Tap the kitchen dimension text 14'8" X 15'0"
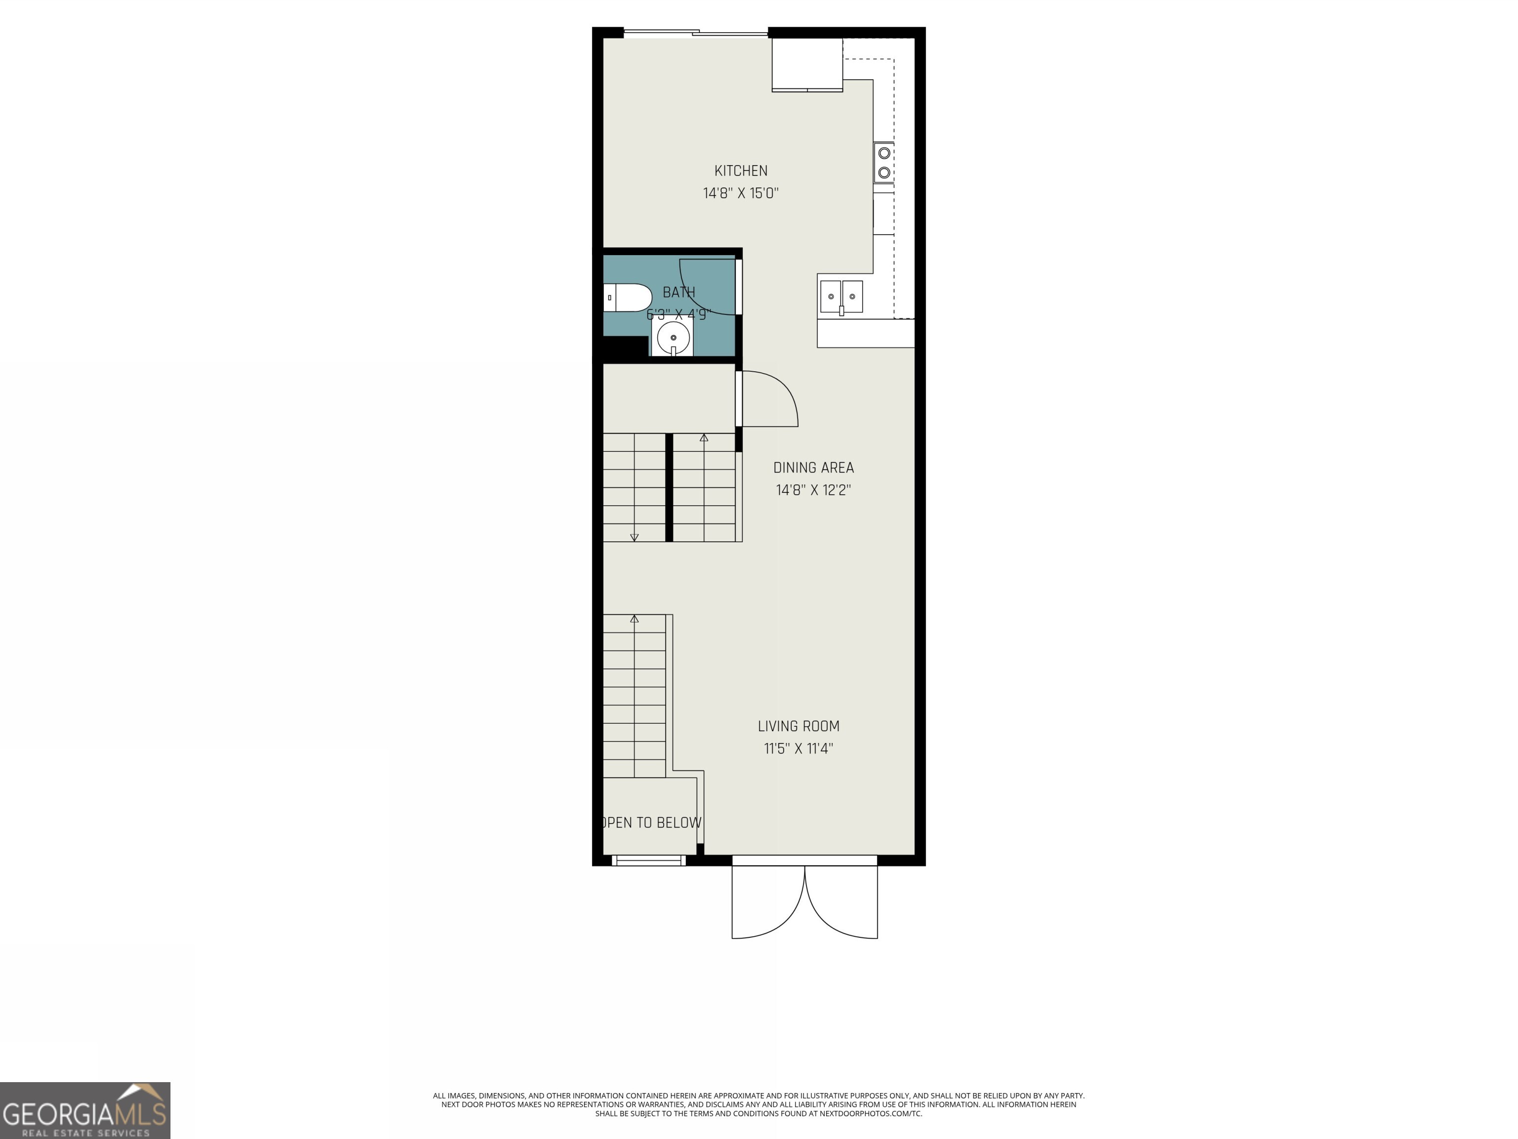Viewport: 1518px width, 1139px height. [741, 193]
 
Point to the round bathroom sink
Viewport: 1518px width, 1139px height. [673, 338]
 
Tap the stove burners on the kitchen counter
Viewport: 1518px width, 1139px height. [884, 163]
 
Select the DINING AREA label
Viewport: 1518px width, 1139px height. [813, 468]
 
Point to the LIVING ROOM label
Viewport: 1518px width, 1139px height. [798, 726]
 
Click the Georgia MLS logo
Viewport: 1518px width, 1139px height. [84, 1110]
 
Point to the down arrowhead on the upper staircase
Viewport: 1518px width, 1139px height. [634, 537]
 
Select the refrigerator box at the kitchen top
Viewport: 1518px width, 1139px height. [807, 65]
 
